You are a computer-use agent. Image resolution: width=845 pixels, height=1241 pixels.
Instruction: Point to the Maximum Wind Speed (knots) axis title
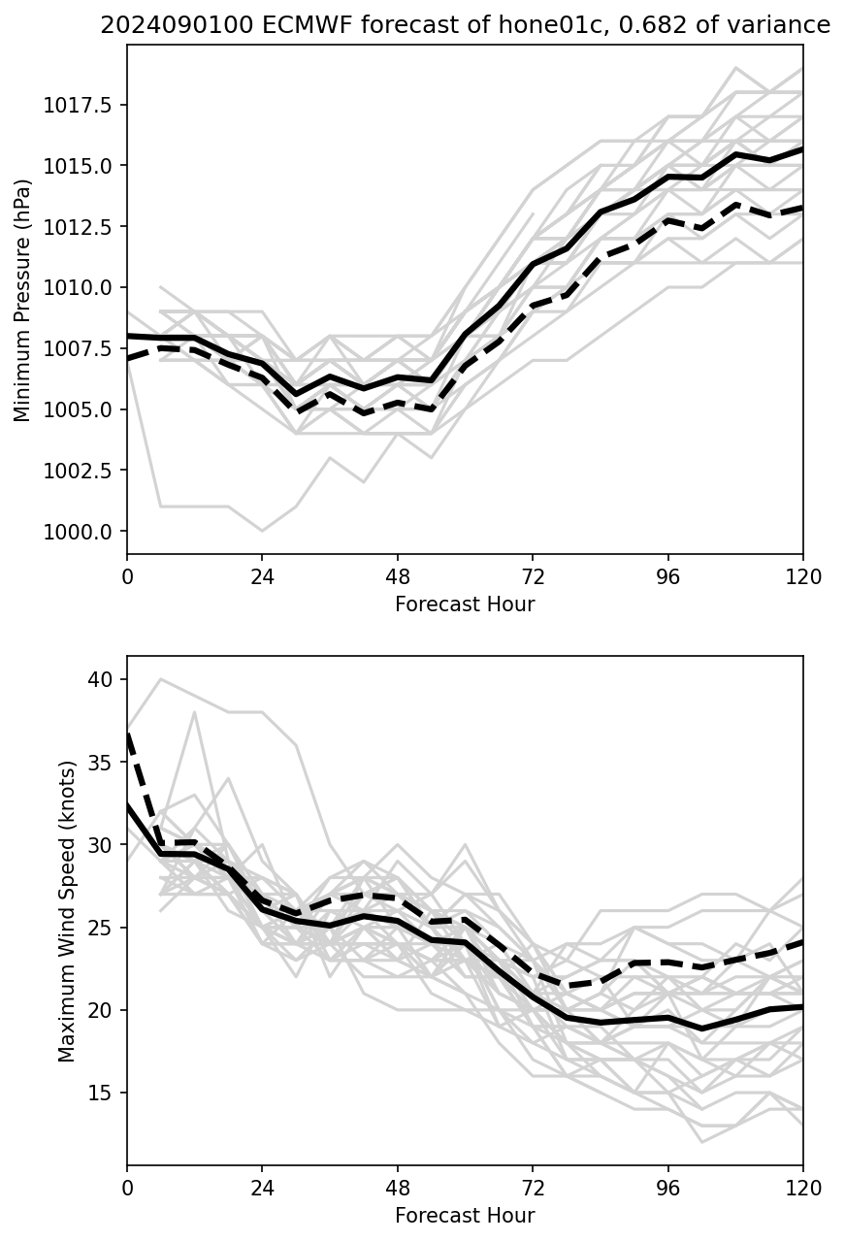pyautogui.click(x=66, y=911)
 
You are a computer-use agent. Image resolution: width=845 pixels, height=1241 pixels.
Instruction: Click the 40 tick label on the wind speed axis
pyautogui.click(x=100, y=680)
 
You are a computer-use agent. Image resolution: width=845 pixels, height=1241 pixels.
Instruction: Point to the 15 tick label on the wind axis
pyautogui.click(x=100, y=1094)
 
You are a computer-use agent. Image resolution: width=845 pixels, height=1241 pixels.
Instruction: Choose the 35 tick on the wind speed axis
pyautogui.click(x=100, y=763)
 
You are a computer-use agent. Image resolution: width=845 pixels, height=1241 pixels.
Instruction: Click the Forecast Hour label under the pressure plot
pyautogui.click(x=465, y=604)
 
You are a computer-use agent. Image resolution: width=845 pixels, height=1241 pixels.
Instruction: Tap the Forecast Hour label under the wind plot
pyautogui.click(x=465, y=1216)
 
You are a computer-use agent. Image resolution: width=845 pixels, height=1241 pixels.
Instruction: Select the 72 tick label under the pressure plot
pyautogui.click(x=533, y=576)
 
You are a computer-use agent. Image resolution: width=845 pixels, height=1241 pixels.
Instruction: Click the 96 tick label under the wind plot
pyautogui.click(x=667, y=1188)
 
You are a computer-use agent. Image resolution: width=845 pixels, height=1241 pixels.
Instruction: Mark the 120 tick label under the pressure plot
pyautogui.click(x=802, y=576)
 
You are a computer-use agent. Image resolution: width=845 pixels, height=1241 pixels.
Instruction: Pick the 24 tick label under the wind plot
pyautogui.click(x=262, y=1188)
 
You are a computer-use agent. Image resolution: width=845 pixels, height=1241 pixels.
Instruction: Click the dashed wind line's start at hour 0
pyautogui.click(x=128, y=735)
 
